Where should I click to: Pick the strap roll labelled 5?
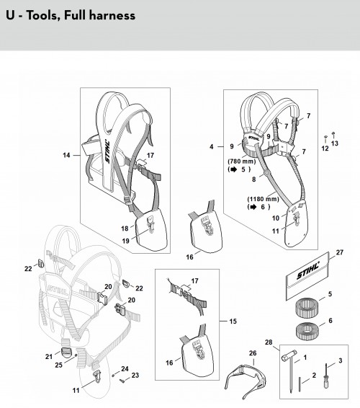[x=307, y=309]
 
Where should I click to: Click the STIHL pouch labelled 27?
[x=307, y=277]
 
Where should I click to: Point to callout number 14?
[x=66, y=155]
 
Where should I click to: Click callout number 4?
[x=212, y=147]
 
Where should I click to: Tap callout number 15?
[x=233, y=321]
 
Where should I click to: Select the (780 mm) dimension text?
[x=242, y=161]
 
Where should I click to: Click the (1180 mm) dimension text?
[x=263, y=199]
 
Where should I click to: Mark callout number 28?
[x=269, y=342]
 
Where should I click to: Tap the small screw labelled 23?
[x=122, y=381]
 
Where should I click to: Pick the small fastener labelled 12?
[x=325, y=138]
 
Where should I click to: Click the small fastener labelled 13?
[x=334, y=135]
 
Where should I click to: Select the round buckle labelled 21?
[x=66, y=352]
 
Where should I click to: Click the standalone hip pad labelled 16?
[x=206, y=229]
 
